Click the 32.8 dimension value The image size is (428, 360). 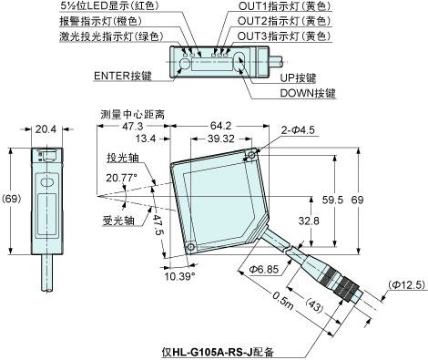pos(309,220)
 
